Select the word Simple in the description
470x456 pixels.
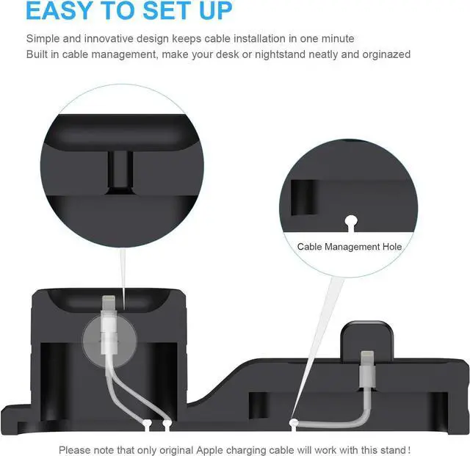(x=43, y=38)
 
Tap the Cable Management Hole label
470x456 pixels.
(x=350, y=247)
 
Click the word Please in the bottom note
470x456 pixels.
(x=74, y=449)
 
